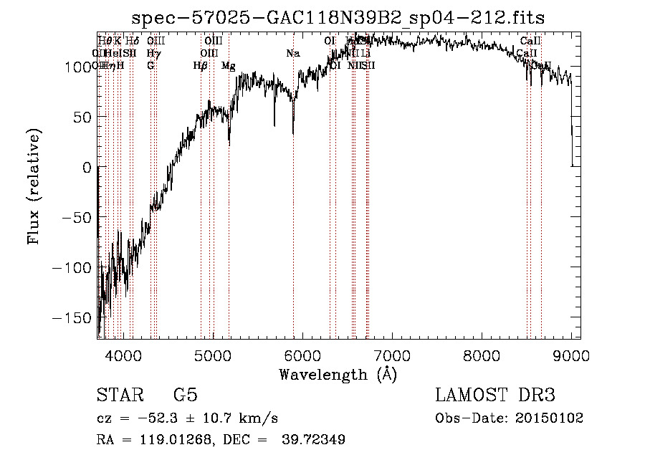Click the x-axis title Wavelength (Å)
338,374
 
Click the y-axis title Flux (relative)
34,186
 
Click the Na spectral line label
292,53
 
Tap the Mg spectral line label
228,65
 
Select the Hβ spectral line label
201,65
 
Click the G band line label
150,65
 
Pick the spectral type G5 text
186,396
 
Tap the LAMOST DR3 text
495,396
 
